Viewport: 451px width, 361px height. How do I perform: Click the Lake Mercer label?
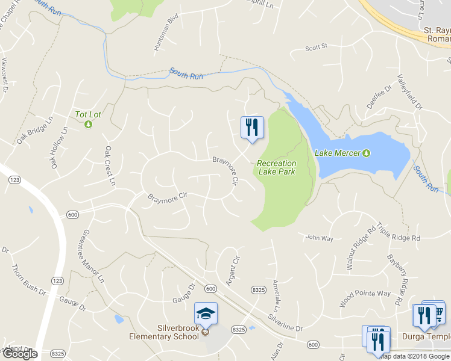pyautogui.click(x=338, y=153)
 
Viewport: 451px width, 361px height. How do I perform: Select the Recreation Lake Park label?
pyautogui.click(x=277, y=167)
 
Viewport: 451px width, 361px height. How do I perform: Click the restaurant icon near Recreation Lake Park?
pyautogui.click(x=251, y=128)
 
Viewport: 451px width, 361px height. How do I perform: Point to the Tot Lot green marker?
pyautogui.click(x=88, y=125)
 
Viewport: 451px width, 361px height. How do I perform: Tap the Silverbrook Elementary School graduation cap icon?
pyautogui.click(x=205, y=313)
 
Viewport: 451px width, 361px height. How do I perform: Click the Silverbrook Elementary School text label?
pyautogui.click(x=164, y=332)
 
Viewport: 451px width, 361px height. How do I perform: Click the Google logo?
pyautogui.click(x=20, y=354)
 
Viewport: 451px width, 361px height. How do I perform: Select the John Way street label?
pyautogui.click(x=319, y=238)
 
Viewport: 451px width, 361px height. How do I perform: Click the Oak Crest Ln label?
pyautogui.click(x=109, y=166)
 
